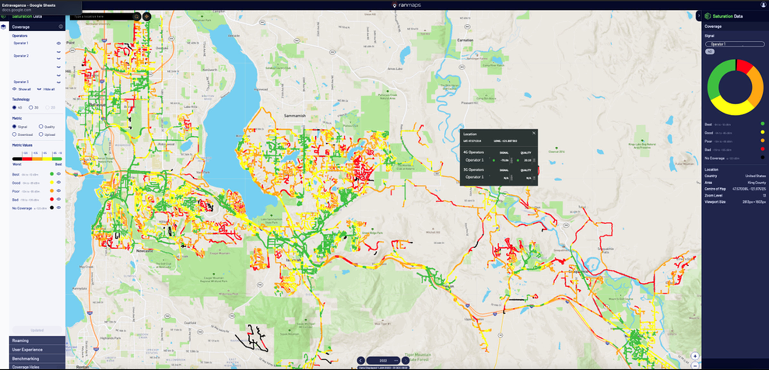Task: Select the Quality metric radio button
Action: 41,126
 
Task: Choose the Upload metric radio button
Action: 41,134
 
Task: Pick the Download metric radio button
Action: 14,134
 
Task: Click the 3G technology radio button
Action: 31,108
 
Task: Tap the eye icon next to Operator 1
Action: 59,43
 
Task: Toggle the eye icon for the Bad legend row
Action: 59,199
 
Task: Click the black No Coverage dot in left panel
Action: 52,208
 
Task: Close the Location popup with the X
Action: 534,133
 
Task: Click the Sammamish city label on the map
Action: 295,116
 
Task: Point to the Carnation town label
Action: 465,40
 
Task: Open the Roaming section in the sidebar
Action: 21,341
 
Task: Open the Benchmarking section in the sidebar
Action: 26,358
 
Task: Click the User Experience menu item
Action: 27,350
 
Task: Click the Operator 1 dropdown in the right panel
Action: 735,44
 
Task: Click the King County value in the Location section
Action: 757,182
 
